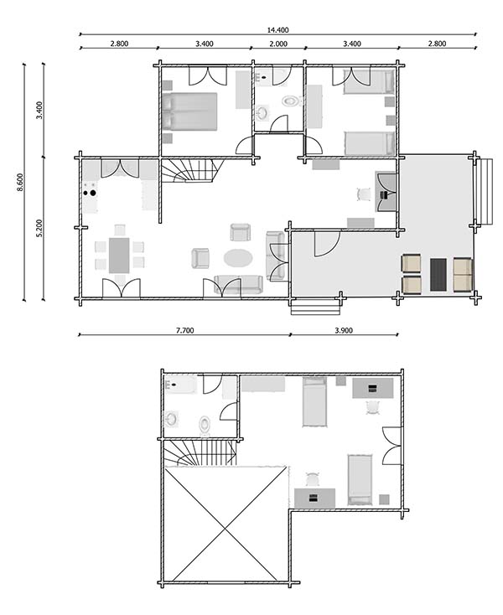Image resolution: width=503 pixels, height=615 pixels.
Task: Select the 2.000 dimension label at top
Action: pyautogui.click(x=277, y=43)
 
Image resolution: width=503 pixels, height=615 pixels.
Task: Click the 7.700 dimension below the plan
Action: pyautogui.click(x=185, y=330)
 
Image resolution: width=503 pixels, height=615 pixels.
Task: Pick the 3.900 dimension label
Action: pyautogui.click(x=343, y=330)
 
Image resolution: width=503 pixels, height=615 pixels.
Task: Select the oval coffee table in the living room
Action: pyautogui.click(x=237, y=257)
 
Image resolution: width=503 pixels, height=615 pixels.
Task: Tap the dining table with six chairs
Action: pyautogui.click(x=119, y=255)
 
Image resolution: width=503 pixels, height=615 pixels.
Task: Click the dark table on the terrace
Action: pyautogui.click(x=438, y=274)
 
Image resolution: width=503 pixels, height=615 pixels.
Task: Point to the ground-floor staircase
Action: pyautogui.click(x=189, y=172)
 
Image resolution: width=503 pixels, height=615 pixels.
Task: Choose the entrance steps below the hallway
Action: pyautogui.click(x=303, y=306)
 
